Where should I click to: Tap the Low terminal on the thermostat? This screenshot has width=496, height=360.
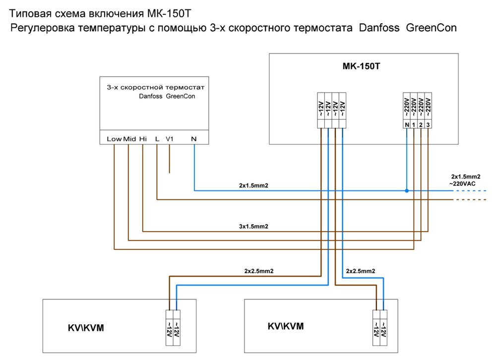coord(114,139)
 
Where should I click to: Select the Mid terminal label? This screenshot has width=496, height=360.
coord(129,139)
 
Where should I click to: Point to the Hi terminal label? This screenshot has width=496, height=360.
coord(143,139)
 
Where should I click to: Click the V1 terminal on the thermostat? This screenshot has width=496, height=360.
coord(170,139)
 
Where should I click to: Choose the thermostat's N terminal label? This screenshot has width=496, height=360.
coord(193,139)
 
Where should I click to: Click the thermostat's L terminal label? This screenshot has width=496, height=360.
coord(157,139)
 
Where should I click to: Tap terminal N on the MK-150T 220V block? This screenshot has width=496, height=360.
coord(407,123)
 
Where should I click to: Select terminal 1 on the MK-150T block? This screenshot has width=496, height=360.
coord(414,123)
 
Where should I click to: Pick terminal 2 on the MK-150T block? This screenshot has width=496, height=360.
coord(421,123)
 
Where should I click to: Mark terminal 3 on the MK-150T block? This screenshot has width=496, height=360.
coord(428,123)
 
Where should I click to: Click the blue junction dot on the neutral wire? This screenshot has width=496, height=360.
coord(407,190)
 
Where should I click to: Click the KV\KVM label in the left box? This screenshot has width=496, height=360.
coord(87,328)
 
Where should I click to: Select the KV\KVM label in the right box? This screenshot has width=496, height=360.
coord(285,326)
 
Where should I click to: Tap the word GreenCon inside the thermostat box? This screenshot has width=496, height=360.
coord(181,97)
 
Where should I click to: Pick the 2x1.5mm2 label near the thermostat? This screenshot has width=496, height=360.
coord(253,185)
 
